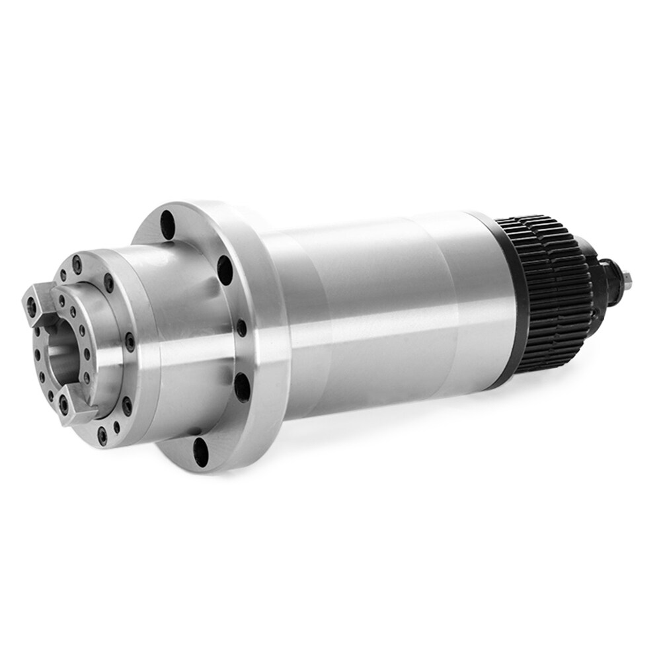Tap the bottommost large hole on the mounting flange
click(x=200, y=451)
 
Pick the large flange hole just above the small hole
click(x=225, y=270)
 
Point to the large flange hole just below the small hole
click(x=242, y=387)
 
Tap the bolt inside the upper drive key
click(x=31, y=303)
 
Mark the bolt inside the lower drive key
click(x=64, y=405)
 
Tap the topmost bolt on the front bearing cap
click(x=77, y=262)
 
